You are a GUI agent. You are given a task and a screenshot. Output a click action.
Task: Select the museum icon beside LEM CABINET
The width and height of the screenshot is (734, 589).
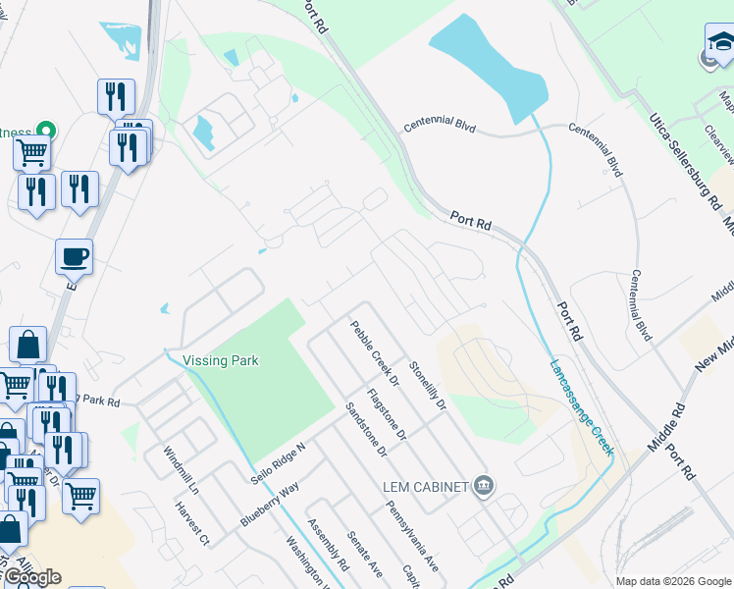click(483, 486)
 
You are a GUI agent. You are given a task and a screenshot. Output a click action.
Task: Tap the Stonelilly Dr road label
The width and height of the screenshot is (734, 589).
click(428, 388)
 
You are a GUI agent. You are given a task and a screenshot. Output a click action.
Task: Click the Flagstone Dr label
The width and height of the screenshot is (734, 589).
click(386, 419)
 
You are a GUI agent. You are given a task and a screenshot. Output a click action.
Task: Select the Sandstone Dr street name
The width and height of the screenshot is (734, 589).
click(366, 433)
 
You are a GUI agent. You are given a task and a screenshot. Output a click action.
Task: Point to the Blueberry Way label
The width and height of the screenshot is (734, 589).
click(269, 503)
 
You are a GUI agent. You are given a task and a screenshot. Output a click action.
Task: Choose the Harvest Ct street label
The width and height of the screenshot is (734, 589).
click(192, 524)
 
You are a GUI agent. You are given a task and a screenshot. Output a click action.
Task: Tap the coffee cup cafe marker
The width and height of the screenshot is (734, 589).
click(75, 257)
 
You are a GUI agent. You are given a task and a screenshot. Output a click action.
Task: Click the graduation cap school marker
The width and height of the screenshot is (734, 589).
click(721, 43)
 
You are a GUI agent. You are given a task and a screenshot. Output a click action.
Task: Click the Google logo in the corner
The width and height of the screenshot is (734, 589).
click(31, 577)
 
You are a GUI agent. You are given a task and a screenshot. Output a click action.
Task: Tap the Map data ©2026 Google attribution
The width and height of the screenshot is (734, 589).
click(673, 581)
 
